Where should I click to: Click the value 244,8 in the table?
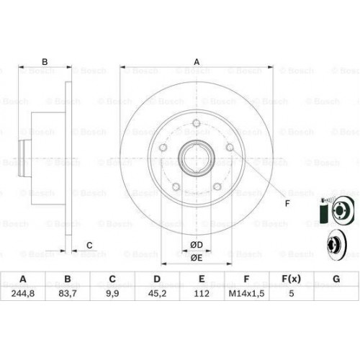pos(23,293)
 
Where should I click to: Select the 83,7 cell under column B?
pos(68,293)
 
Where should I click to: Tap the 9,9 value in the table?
pos(112,293)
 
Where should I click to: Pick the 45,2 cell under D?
pos(157,293)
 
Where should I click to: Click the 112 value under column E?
pos(202,293)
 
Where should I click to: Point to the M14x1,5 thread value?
pos(246,293)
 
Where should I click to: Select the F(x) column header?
pos(291,279)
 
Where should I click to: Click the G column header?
pos(336,279)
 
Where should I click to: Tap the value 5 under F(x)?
pos(291,293)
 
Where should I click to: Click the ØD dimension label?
pos(197,245)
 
